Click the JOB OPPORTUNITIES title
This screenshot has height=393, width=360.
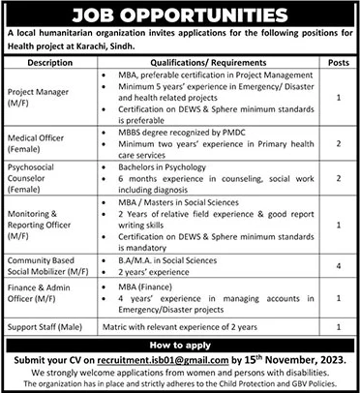(179, 14)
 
